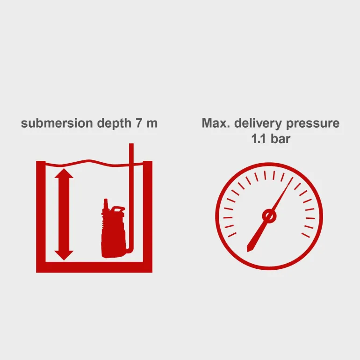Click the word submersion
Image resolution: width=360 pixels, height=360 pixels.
pos(57,123)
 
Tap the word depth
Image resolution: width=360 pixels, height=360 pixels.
pos(114,124)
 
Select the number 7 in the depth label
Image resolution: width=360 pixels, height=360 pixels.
pos(139,123)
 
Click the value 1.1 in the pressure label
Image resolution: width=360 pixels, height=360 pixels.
pos(259,139)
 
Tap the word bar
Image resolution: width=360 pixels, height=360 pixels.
pos(281,139)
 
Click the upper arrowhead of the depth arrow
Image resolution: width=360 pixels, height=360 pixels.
pos(64,173)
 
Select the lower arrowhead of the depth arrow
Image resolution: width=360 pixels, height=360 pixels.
pos(64,255)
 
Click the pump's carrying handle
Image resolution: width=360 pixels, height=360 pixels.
pos(117,209)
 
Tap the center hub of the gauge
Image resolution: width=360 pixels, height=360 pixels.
pos(269,216)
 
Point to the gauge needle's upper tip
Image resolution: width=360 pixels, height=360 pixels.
pos(293,177)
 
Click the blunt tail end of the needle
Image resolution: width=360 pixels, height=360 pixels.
pos(248,250)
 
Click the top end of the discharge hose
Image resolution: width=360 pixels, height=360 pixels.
pos(131,144)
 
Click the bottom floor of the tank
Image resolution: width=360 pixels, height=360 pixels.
pos(94,267)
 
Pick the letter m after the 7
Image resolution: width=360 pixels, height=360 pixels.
pos(152,124)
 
